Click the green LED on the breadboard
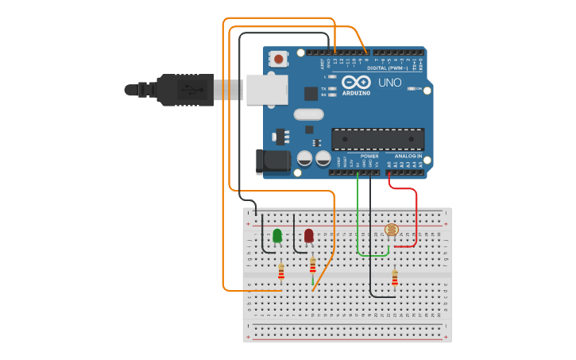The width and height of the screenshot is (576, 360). tap(277, 235)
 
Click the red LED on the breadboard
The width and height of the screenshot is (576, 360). tap(308, 235)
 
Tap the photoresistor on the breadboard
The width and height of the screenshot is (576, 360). tap(391, 230)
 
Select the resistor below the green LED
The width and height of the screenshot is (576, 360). tap(281, 273)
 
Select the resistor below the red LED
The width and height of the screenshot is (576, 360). tap(312, 265)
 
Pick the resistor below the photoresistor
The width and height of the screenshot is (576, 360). tap(395, 277)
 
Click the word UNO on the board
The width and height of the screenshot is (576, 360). tap(390, 83)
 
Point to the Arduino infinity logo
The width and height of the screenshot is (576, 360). tap(355, 82)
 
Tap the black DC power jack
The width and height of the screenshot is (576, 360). tap(273, 161)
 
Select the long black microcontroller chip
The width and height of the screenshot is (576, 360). tap(377, 139)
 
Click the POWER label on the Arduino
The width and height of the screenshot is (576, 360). tap(369, 157)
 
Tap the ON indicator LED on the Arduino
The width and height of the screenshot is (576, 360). tap(412, 89)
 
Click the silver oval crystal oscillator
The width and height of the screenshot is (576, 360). tap(308, 114)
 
